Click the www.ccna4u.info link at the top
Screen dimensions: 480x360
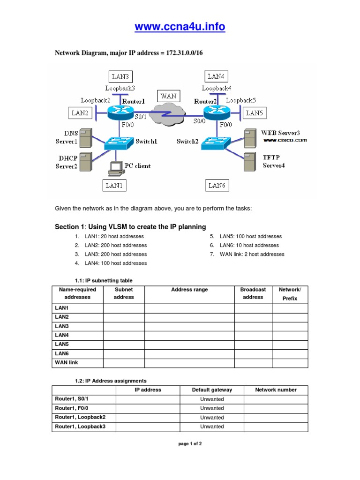coord(180,27)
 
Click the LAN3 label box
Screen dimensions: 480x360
coord(121,76)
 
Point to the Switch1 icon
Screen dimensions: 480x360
coord(119,142)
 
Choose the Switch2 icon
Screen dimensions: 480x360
coord(216,142)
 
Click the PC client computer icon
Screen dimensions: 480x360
coord(115,168)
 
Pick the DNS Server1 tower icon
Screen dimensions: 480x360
coord(85,137)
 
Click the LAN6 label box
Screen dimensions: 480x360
coord(217,186)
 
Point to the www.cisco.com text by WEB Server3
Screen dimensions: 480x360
coord(285,140)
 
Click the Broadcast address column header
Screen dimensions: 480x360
coord(253,293)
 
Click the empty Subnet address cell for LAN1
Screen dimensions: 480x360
coord(124,308)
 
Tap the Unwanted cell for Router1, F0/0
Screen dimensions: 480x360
coord(212,408)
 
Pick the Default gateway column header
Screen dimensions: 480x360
coord(212,390)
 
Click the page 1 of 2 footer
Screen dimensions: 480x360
coord(190,443)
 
